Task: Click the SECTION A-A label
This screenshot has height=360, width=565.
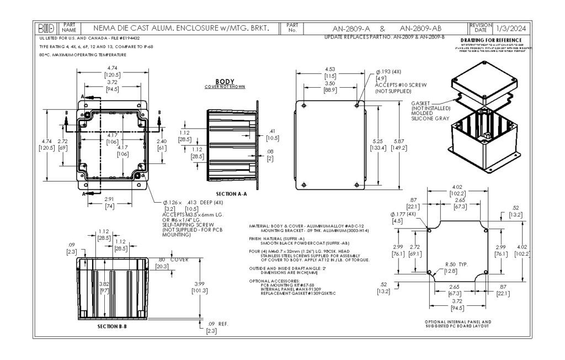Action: pos(231,194)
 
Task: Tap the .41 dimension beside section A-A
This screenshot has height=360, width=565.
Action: pos(273,131)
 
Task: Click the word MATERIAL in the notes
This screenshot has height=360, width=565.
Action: pos(260,226)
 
